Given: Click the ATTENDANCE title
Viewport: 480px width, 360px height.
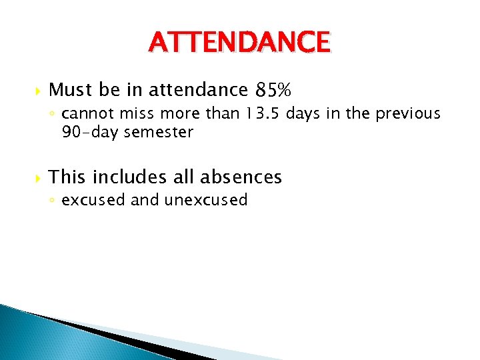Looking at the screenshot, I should pyautogui.click(x=239, y=43).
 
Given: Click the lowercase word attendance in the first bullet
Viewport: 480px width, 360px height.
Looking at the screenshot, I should pyautogui.click(x=197, y=89).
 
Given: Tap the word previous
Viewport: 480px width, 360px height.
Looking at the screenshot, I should pyautogui.click(x=408, y=114).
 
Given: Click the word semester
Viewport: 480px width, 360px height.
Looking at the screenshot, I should pyautogui.click(x=158, y=132).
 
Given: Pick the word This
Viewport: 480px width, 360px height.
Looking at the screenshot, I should pyautogui.click(x=68, y=177).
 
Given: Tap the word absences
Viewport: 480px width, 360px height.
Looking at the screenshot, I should pyautogui.click(x=241, y=177).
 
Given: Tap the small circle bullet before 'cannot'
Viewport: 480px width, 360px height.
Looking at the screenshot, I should pyautogui.click(x=53, y=115).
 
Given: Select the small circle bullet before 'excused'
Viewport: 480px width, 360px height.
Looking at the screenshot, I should pyautogui.click(x=53, y=201).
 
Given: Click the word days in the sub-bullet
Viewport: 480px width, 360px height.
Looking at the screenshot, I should pyautogui.click(x=304, y=114).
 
